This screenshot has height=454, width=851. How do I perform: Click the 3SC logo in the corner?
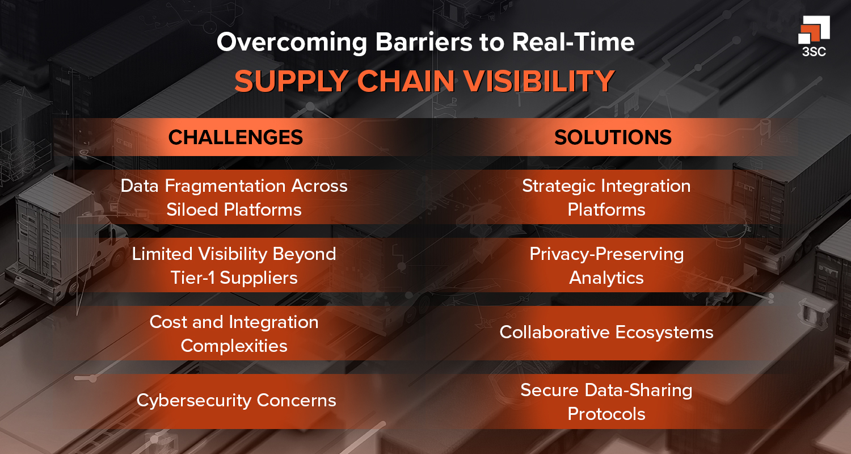(x=814, y=36)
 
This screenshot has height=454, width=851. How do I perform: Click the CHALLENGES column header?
(x=235, y=137)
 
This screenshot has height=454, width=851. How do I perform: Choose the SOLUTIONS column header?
(x=613, y=137)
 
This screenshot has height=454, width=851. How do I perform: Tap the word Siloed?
(x=193, y=209)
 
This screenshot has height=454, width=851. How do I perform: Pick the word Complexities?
(x=234, y=346)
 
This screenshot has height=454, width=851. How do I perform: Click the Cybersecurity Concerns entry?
(x=236, y=400)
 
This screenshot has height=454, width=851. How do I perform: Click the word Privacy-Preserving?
(x=606, y=254)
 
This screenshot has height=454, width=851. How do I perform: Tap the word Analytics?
(x=606, y=278)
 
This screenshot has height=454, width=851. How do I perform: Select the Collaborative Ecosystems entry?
(x=606, y=332)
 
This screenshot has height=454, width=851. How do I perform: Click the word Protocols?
(x=606, y=414)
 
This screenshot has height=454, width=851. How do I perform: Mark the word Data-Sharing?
(x=635, y=390)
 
